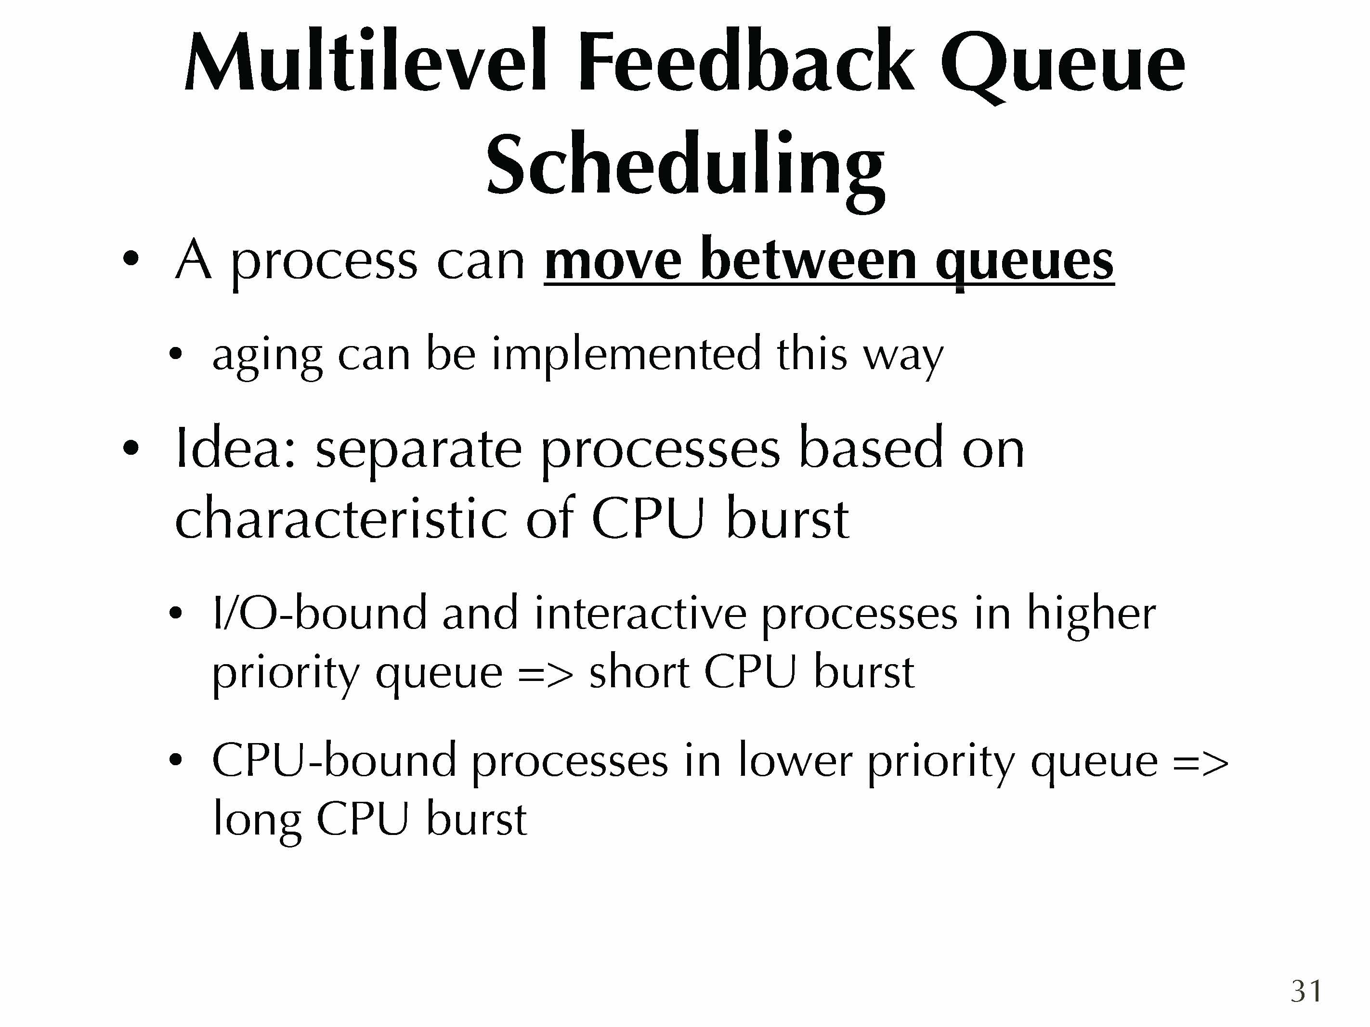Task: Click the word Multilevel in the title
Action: (x=365, y=63)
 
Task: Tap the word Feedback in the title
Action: (x=744, y=63)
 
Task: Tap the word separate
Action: (x=419, y=453)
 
